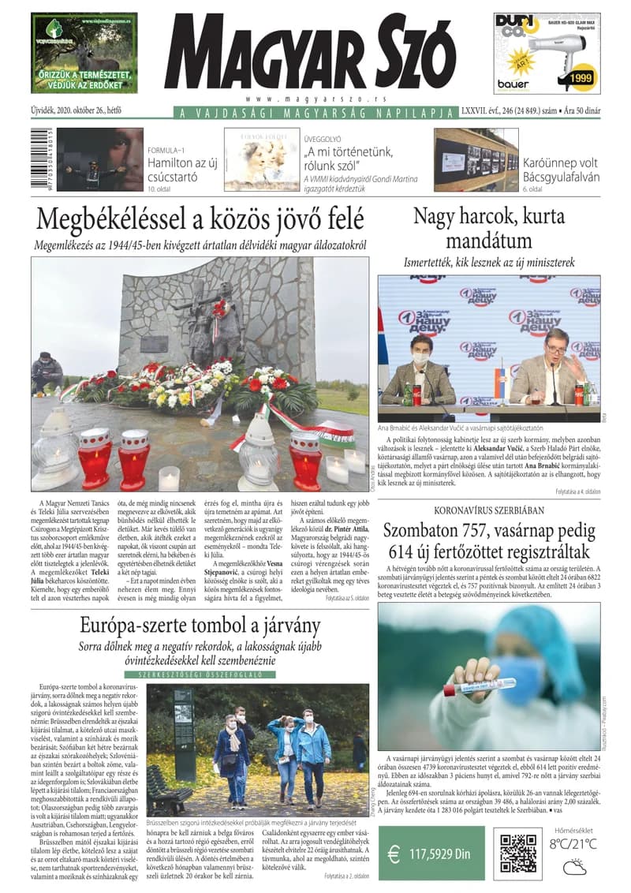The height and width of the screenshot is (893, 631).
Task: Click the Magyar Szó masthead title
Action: (311, 53)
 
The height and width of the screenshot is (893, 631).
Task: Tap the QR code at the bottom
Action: (518, 852)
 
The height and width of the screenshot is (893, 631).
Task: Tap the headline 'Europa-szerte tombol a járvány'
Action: (200, 626)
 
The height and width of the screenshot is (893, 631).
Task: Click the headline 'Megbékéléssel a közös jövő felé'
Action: (200, 217)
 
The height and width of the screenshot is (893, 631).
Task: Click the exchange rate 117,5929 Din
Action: (440, 854)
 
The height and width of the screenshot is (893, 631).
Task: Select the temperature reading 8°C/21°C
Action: (573, 844)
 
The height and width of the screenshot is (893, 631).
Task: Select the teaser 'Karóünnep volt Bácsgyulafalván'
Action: (561, 170)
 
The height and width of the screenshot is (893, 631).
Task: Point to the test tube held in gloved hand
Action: (469, 688)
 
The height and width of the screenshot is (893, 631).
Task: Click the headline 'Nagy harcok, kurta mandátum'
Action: (488, 227)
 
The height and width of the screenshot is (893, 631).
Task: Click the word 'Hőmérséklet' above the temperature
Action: (573, 828)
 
